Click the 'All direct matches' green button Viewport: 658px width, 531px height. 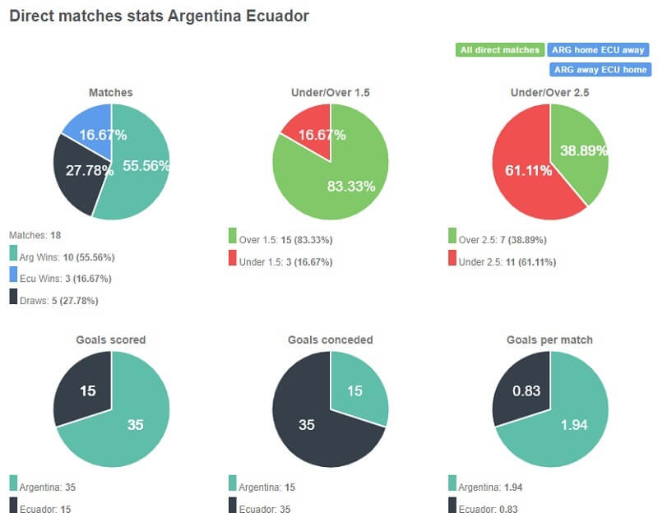[x=499, y=50]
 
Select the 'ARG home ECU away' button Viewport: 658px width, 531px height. [x=599, y=50]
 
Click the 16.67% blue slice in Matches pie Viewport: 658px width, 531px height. [x=92, y=132]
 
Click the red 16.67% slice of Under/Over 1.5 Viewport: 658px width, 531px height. [x=313, y=132]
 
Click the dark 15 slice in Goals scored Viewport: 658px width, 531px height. [x=86, y=389]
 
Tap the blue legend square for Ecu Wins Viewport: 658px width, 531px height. [x=13, y=278]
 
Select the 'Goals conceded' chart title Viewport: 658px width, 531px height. [x=330, y=339]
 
